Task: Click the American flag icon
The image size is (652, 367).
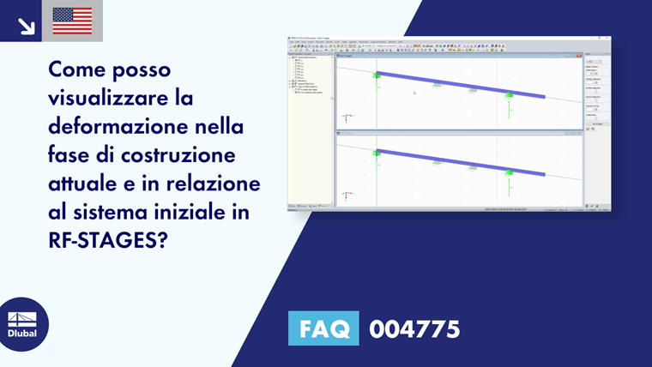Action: pyautogui.click(x=72, y=21)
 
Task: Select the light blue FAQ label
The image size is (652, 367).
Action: pyautogui.click(x=324, y=328)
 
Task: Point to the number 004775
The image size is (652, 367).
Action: pyautogui.click(x=414, y=328)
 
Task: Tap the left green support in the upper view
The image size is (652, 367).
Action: pyautogui.click(x=376, y=76)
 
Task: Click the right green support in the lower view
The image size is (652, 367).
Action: pyautogui.click(x=509, y=173)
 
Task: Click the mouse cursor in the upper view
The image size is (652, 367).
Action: pyautogui.click(x=414, y=93)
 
